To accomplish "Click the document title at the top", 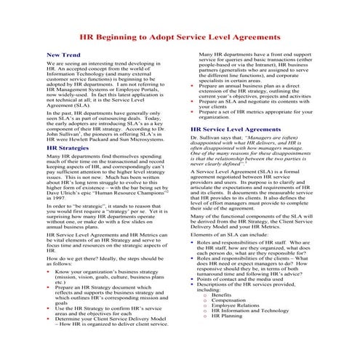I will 180,36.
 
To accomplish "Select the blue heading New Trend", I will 63,55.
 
